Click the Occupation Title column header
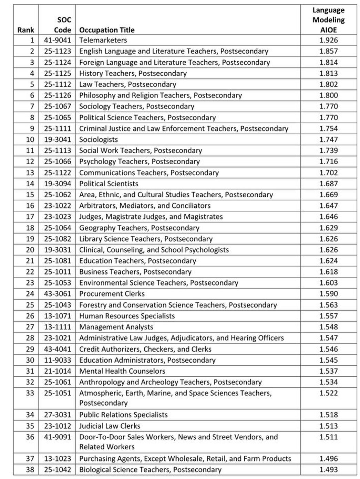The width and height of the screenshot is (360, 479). pyautogui.click(x=107, y=30)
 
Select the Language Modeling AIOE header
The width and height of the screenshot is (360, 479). pyautogui.click(x=328, y=20)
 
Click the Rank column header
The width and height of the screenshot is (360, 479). pyautogui.click(x=26, y=30)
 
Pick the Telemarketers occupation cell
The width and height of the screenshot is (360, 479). pyautogui.click(x=103, y=40)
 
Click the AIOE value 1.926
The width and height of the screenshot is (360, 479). pyautogui.click(x=328, y=40)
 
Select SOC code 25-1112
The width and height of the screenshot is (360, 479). pyautogui.click(x=58, y=84)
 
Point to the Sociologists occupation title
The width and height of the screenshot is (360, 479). pyautogui.click(x=99, y=139)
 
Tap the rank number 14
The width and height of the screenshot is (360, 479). pyautogui.click(x=30, y=184)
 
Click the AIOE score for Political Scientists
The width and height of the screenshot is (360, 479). pyautogui.click(x=328, y=184)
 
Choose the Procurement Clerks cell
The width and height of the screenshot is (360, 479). pyautogui.click(x=112, y=294)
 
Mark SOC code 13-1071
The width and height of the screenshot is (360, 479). pyautogui.click(x=58, y=316)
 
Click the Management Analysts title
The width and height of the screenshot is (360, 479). pyautogui.click(x=116, y=327)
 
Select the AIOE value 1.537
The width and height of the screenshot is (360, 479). pyautogui.click(x=328, y=371)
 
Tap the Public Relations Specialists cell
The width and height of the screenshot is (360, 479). pyautogui.click(x=123, y=415)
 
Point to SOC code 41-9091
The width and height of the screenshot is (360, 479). pyautogui.click(x=58, y=437)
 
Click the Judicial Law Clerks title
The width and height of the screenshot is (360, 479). pyautogui.click(x=110, y=426)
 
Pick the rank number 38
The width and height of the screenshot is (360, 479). pyautogui.click(x=30, y=469)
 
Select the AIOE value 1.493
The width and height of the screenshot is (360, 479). pyautogui.click(x=328, y=469)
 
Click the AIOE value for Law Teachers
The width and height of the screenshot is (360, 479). pyautogui.click(x=328, y=84)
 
